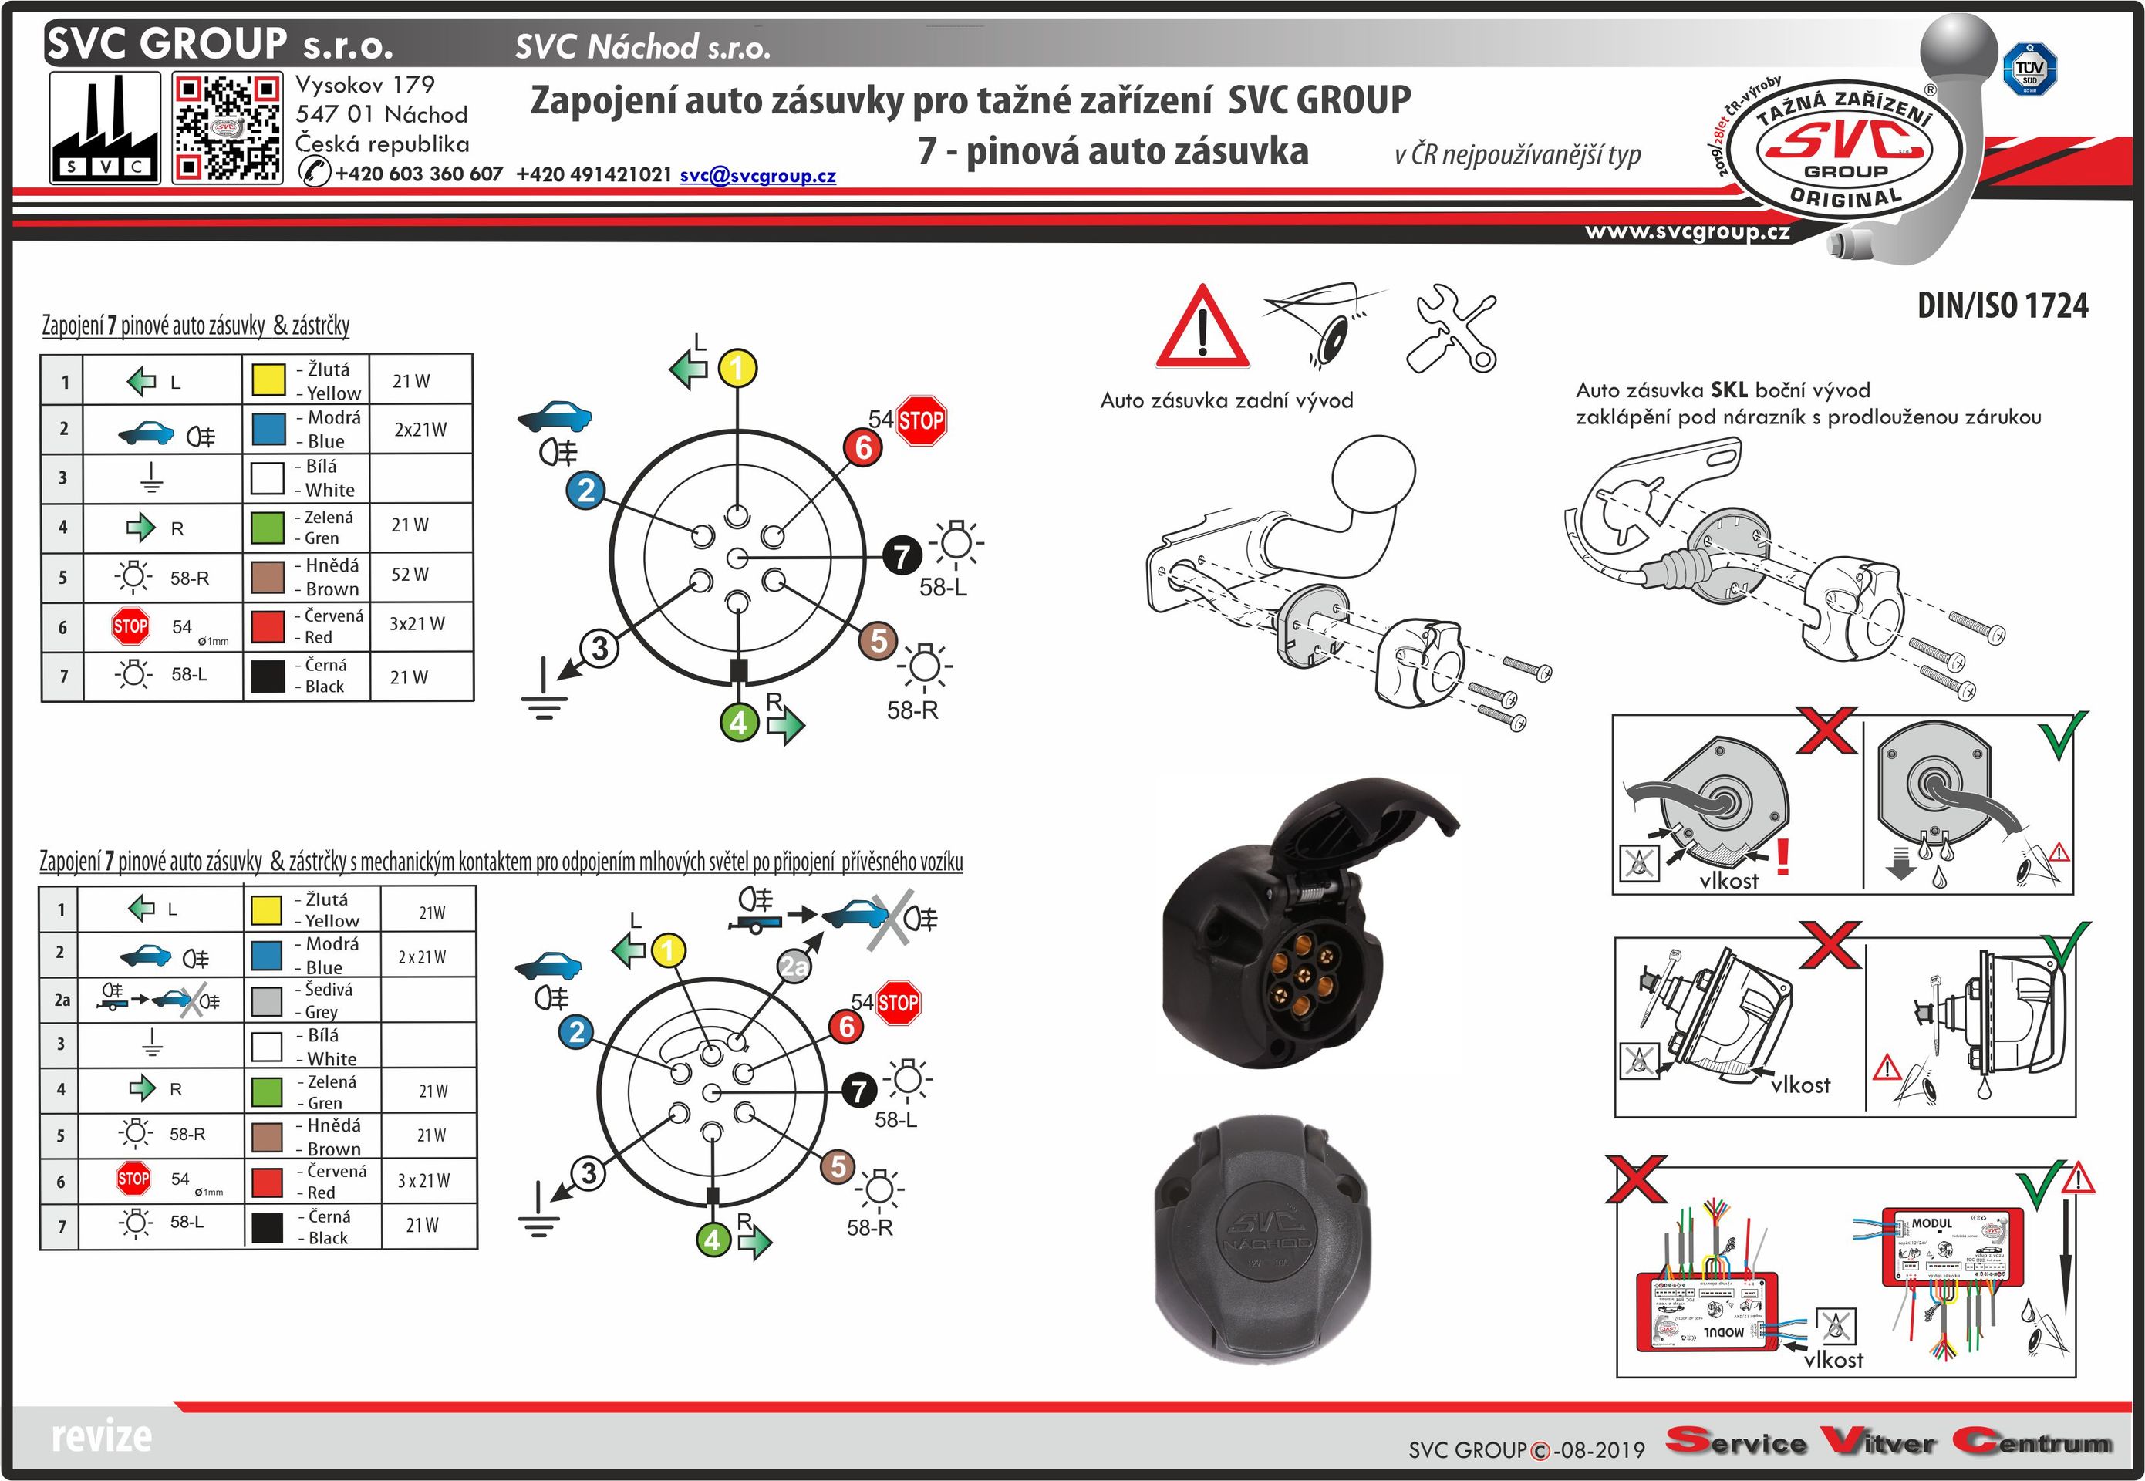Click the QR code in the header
[x=228, y=129]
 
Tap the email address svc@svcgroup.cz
[x=757, y=175]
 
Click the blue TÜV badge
[x=2029, y=70]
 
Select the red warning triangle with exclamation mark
[x=1202, y=329]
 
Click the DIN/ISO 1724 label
[x=2002, y=305]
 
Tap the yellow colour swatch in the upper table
[x=269, y=380]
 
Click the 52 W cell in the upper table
[x=410, y=575]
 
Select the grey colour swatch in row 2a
[x=267, y=1000]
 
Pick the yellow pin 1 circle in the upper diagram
[x=737, y=369]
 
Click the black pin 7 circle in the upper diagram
[x=902, y=556]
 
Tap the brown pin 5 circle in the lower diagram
[x=838, y=1166]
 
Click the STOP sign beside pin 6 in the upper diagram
[x=920, y=421]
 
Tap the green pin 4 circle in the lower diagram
[x=713, y=1239]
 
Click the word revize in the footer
[x=101, y=1436]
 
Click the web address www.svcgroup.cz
[x=1688, y=231]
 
